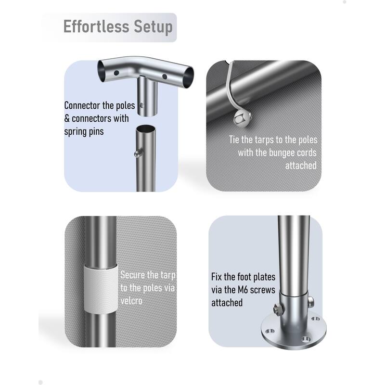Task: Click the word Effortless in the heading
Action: point(96,26)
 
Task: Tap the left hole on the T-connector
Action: point(116,73)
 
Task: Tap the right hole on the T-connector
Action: point(165,77)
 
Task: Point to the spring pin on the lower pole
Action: point(138,154)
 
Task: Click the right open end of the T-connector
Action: point(189,77)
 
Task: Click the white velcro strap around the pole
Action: point(101,288)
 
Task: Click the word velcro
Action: point(131,301)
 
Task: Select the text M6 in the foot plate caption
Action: point(244,290)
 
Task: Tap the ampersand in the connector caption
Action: point(67,118)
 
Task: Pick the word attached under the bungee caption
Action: point(301,166)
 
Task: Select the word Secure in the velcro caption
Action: point(133,275)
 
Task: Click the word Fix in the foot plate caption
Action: point(216,277)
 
